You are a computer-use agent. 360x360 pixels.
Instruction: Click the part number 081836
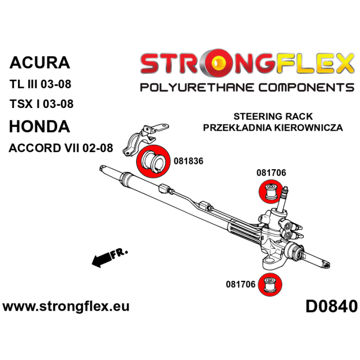coord(189,161)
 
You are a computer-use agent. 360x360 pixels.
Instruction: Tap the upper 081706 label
coord(271,173)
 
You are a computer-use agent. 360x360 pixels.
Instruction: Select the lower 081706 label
coord(241,284)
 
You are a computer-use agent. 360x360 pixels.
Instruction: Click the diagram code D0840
coord(331,307)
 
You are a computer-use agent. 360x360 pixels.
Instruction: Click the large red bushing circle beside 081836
coord(153,161)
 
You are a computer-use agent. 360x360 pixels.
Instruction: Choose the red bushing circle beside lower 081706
coord(270,285)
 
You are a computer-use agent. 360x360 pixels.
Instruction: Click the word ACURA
coord(40,62)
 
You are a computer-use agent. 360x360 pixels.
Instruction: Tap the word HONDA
coord(40,127)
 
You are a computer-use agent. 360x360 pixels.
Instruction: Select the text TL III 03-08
coord(41,84)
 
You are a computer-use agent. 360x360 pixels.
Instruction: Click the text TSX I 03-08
coord(42,104)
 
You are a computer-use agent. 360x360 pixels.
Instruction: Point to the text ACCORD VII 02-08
coord(61,148)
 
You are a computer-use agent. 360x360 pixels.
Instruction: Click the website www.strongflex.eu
coord(66,307)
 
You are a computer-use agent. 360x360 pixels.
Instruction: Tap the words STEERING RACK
coord(273,116)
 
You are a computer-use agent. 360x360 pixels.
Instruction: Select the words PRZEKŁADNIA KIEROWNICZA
coord(273,127)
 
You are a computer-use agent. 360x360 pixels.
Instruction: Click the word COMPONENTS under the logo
coord(307,87)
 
